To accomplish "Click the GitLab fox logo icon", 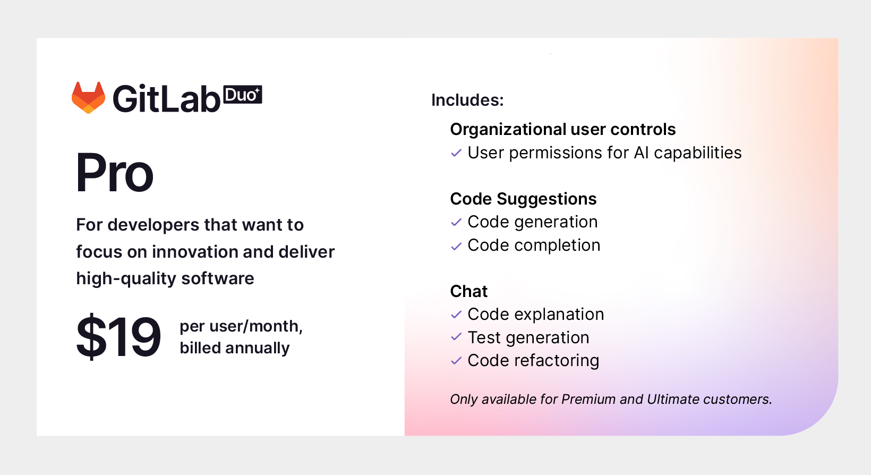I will (x=88, y=98).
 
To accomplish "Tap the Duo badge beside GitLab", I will (x=243, y=95).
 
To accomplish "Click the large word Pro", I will (x=115, y=173).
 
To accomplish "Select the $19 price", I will (x=118, y=337).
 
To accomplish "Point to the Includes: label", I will (x=467, y=100).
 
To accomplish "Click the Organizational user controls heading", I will (x=562, y=129).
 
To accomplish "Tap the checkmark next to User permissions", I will (x=456, y=153).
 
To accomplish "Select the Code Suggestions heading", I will (x=523, y=199).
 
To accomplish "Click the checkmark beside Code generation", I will (x=456, y=222).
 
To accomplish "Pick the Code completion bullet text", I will (x=534, y=245).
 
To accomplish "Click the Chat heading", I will (x=468, y=291).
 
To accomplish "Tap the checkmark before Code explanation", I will (x=456, y=315).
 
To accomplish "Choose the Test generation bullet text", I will (x=528, y=337).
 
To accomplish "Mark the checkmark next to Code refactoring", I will (x=456, y=361).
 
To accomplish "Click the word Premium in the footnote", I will (x=588, y=400).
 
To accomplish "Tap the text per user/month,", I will (x=241, y=326).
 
